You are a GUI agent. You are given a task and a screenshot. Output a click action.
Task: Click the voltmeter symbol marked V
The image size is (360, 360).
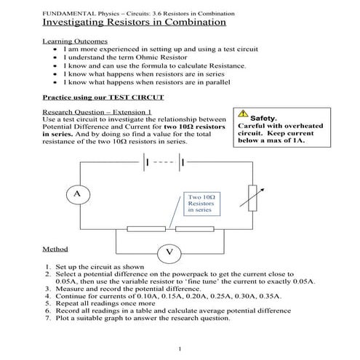tap(169, 252)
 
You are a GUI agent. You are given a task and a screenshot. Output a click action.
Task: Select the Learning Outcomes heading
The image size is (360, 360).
tap(75, 41)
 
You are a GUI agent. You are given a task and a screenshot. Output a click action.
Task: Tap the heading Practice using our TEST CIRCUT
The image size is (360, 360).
tap(103, 97)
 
